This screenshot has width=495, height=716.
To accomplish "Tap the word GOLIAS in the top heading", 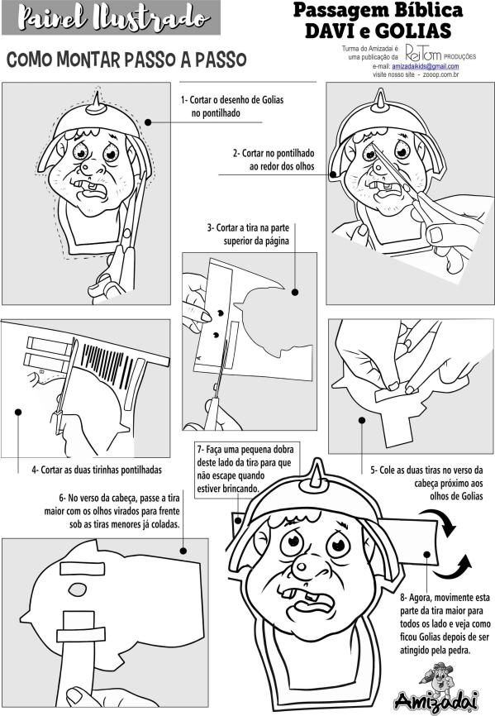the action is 413,31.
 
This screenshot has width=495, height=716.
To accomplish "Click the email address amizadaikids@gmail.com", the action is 426,67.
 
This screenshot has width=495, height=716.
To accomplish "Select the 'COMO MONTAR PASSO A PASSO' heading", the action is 126,60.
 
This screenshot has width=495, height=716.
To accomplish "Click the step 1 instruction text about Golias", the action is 231,107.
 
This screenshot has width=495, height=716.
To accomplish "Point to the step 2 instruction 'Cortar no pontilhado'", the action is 274,160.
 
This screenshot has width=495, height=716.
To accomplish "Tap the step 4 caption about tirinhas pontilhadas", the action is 97,470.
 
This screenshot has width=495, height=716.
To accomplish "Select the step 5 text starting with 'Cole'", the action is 426,483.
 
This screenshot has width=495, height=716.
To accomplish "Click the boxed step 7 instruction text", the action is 245,469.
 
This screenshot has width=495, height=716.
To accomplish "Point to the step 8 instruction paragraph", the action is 445,623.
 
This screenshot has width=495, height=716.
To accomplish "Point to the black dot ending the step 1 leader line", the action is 148,122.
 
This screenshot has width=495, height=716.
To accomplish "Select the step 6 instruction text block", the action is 112,511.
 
